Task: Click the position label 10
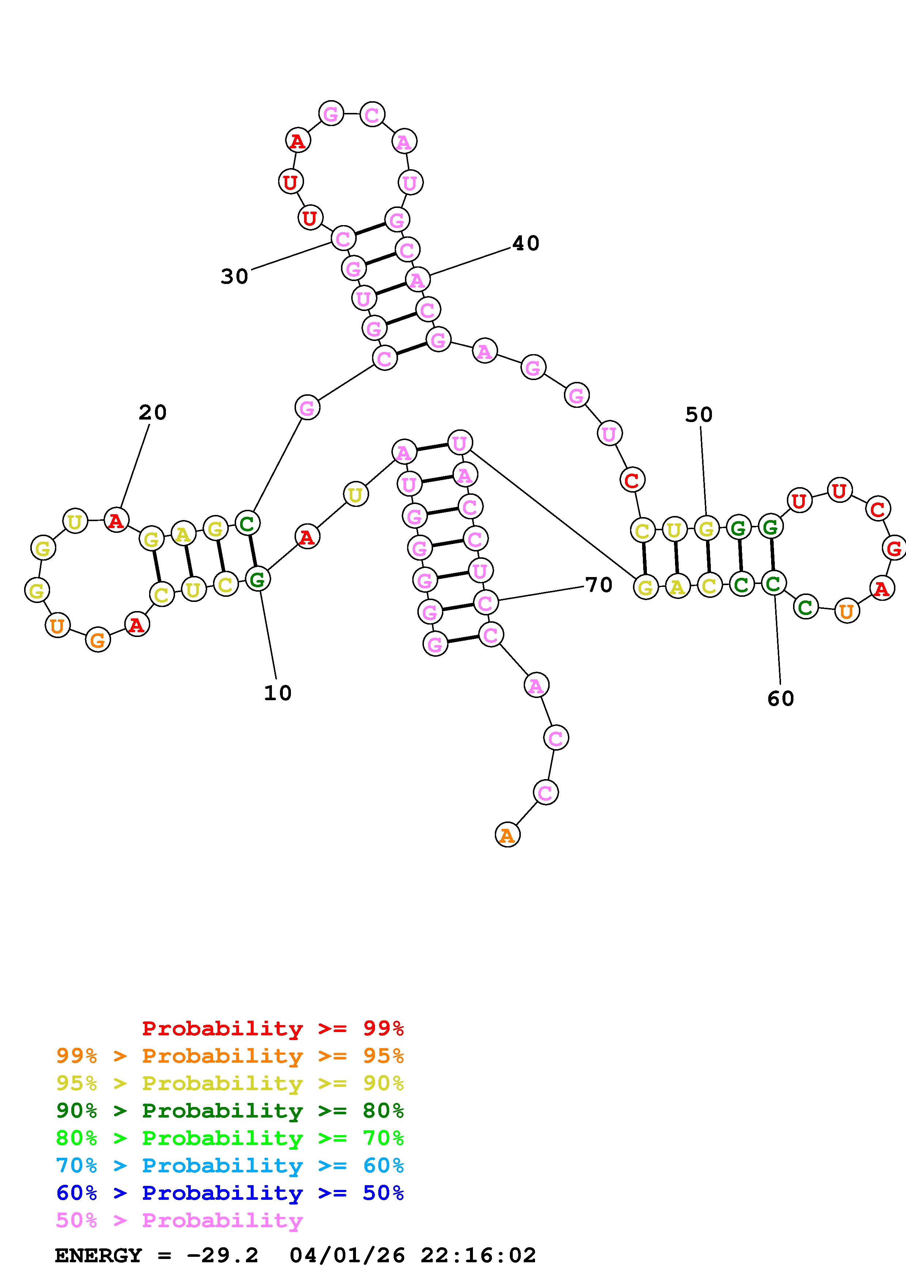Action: click(277, 693)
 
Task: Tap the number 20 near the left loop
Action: click(152, 413)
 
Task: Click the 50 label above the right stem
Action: click(699, 414)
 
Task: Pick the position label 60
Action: click(780, 698)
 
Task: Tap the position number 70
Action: click(599, 585)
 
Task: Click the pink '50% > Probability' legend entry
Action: click(179, 1220)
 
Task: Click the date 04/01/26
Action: click(347, 1255)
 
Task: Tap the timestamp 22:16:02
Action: click(478, 1255)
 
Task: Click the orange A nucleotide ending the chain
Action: click(507, 835)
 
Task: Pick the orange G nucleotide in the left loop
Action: click(98, 640)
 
